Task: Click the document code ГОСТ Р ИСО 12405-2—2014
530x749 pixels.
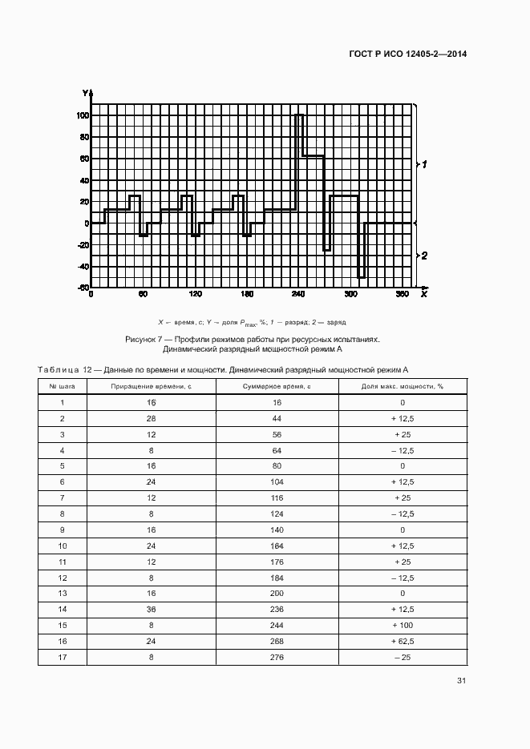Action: point(408,54)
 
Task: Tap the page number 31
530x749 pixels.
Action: point(461,681)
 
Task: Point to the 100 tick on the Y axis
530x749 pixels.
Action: point(83,115)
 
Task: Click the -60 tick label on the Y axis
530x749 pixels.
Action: point(81,288)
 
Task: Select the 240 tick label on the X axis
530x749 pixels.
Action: point(298,295)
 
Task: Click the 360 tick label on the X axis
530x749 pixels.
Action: point(403,295)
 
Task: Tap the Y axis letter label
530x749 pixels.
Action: point(84,94)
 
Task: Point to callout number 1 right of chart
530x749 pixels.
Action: point(425,163)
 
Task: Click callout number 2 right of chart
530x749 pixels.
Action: point(425,256)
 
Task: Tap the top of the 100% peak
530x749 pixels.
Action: point(298,115)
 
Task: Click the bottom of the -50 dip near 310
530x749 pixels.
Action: point(361,277)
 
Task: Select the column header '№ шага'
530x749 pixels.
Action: point(63,386)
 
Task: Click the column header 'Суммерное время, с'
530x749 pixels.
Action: point(277,386)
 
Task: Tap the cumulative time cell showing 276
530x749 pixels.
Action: point(277,657)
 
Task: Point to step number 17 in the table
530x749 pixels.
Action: point(62,657)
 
